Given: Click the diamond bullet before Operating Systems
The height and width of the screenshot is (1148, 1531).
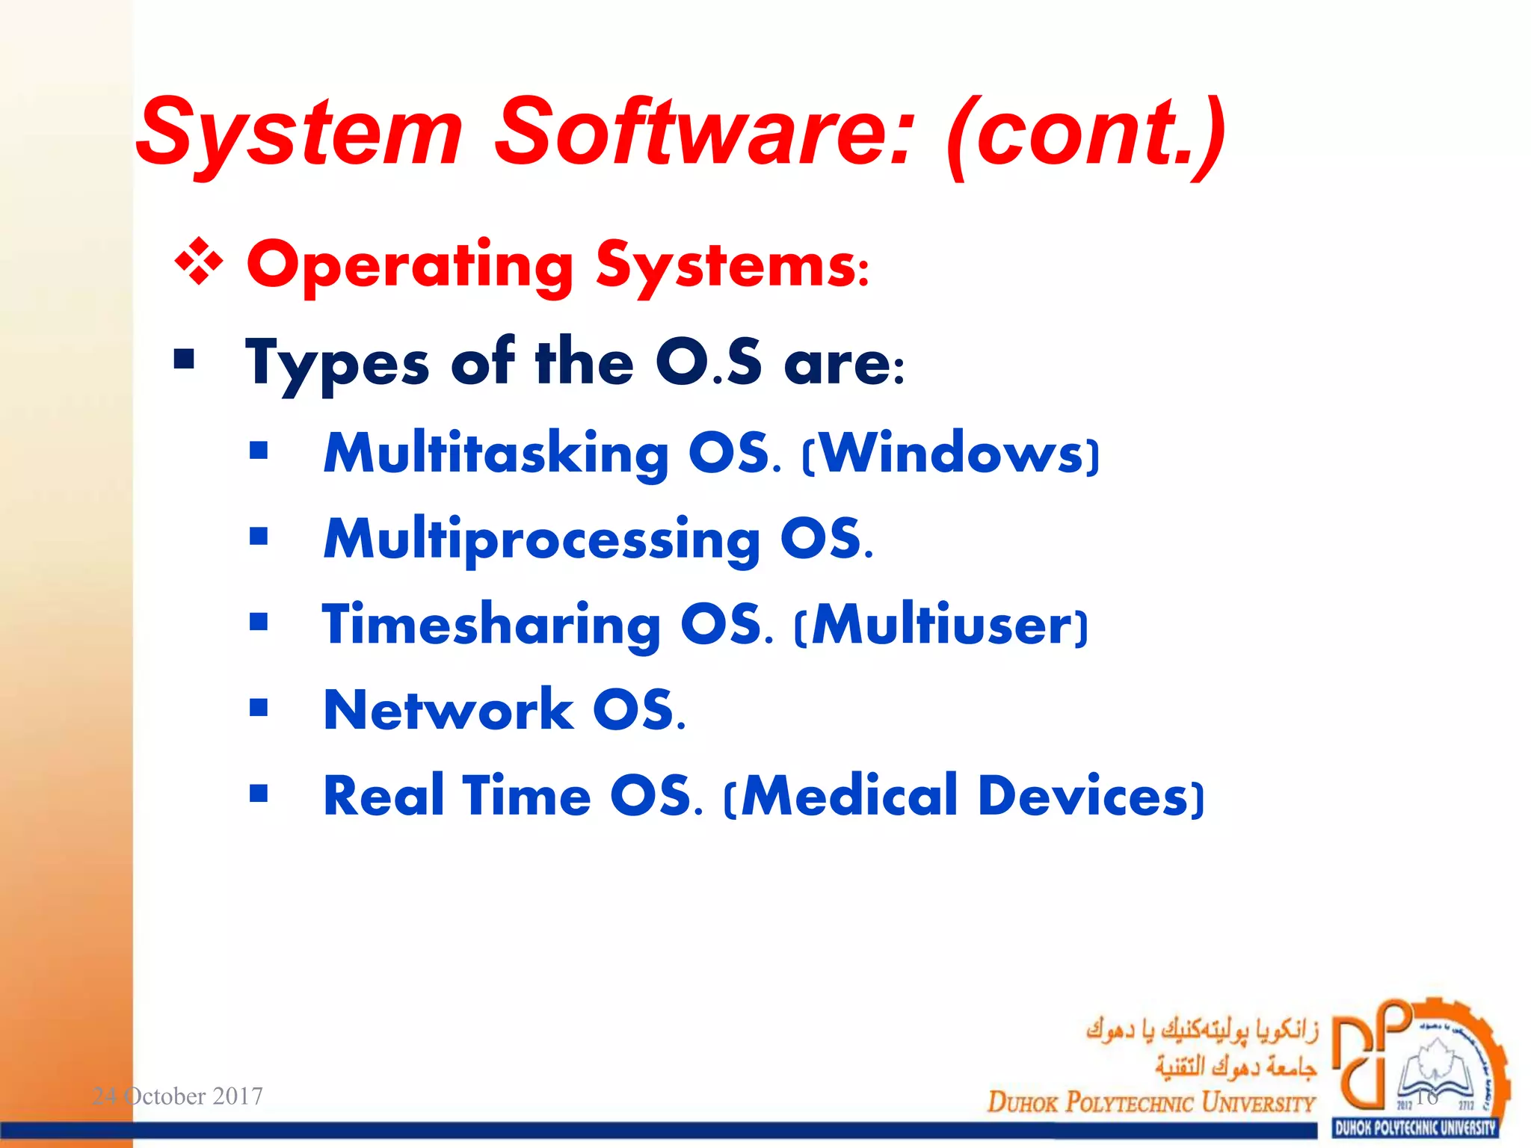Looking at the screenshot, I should pos(199,262).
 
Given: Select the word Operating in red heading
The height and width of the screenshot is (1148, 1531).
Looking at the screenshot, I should pos(410,265).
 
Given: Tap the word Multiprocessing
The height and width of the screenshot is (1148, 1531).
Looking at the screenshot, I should pos(541,540).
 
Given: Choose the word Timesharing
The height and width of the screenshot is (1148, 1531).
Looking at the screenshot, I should pos(491,624).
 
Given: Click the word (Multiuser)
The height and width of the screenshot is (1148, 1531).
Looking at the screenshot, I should pos(941,625).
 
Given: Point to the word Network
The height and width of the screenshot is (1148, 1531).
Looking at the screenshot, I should pos(448,710).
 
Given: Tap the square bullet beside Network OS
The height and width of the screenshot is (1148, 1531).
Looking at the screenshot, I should pos(259,707).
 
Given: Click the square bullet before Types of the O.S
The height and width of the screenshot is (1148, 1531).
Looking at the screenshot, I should pos(184,359).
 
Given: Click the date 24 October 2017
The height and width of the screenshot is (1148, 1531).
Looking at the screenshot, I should pos(177,1096).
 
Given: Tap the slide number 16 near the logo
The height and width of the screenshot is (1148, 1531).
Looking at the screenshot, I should pos(1426,1096).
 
